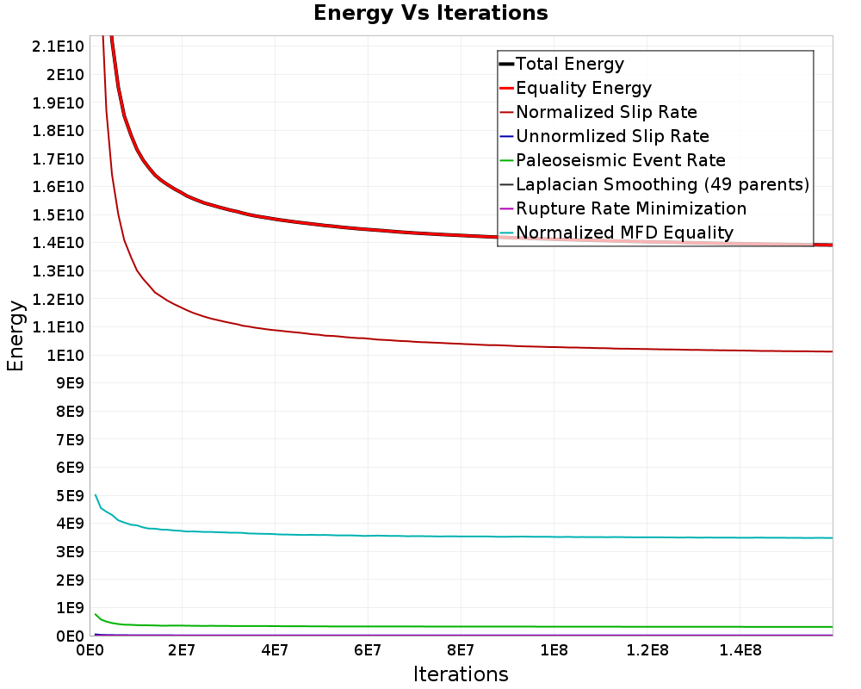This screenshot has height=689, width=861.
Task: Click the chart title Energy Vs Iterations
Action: tap(430, 13)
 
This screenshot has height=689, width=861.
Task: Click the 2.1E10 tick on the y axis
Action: tap(58, 47)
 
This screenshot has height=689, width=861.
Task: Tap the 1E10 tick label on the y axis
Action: tap(65, 355)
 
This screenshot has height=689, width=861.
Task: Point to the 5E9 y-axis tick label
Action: tap(70, 495)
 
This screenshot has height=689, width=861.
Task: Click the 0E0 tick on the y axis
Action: tap(70, 636)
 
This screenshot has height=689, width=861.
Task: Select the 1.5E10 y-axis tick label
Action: tap(58, 214)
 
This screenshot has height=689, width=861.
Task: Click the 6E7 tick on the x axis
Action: tap(368, 650)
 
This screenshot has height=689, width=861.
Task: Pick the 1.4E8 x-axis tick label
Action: tap(740, 650)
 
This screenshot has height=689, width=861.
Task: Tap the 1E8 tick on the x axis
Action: tap(554, 650)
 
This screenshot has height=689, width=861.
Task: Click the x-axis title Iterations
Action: tap(461, 674)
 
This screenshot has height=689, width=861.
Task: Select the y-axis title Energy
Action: tap(15, 336)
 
